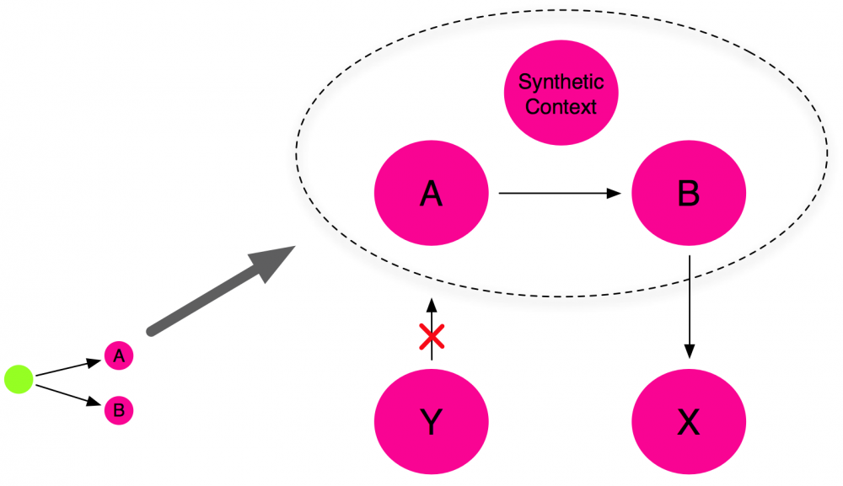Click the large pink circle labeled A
click(x=431, y=194)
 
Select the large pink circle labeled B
click(x=689, y=194)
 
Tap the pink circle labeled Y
click(x=431, y=422)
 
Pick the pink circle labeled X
click(x=689, y=422)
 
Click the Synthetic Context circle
click(x=561, y=94)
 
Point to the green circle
click(x=19, y=379)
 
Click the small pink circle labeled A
click(x=119, y=356)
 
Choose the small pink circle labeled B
click(x=119, y=411)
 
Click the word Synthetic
click(x=561, y=83)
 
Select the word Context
click(x=561, y=107)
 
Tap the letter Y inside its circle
click(x=431, y=422)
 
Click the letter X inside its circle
click(x=689, y=422)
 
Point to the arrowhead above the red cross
click(x=432, y=304)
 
